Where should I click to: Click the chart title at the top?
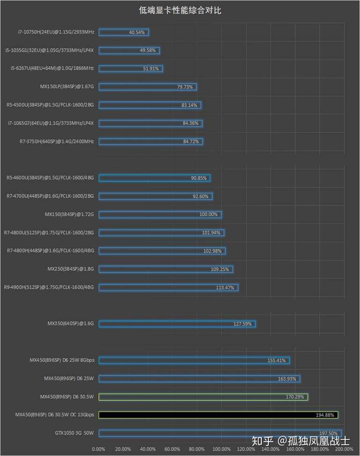pyautogui.click(x=180, y=10)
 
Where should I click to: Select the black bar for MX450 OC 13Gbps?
pyautogui.click(x=218, y=415)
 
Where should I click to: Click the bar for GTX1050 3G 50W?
pyautogui.click(x=220, y=433)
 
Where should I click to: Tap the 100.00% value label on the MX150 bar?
pyautogui.click(x=209, y=215)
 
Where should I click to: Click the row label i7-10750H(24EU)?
pyautogui.click(x=56, y=32)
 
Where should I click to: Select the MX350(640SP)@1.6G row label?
pyautogui.click(x=71, y=324)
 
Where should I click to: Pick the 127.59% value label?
pyautogui.click(x=242, y=324)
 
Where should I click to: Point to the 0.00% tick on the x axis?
pyautogui.click(x=99, y=449)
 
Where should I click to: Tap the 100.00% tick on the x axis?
pyautogui.click(x=221, y=449)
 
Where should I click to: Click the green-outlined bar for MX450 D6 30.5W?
pyautogui.click(x=203, y=397)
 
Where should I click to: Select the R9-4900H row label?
pyautogui.click(x=49, y=287)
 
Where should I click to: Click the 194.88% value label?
pyautogui.click(x=325, y=415)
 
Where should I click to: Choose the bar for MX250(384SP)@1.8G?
pyautogui.click(x=166, y=269)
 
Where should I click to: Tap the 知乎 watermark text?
pyautogui.click(x=262, y=441)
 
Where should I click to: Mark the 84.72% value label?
pyautogui.click(x=191, y=142)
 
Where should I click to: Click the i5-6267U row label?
pyautogui.click(x=52, y=68)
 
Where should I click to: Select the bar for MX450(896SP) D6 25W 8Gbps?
pyautogui.click(x=194, y=361)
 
